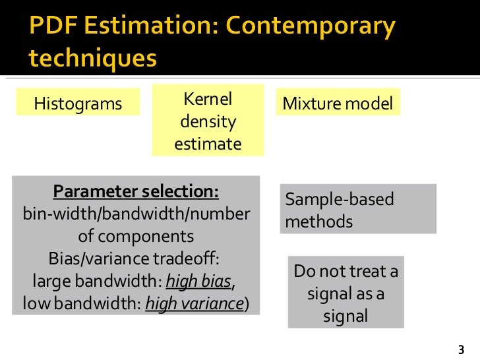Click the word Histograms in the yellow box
click(78, 104)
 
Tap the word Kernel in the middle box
click(207, 100)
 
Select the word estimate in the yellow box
click(208, 144)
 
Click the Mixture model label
click(338, 104)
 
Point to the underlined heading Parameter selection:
click(136, 192)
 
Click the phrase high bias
click(198, 282)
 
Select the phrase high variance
click(194, 303)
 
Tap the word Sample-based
click(339, 200)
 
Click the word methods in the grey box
click(319, 222)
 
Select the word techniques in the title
click(92, 58)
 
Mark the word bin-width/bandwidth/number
click(136, 214)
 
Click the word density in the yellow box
click(208, 122)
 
